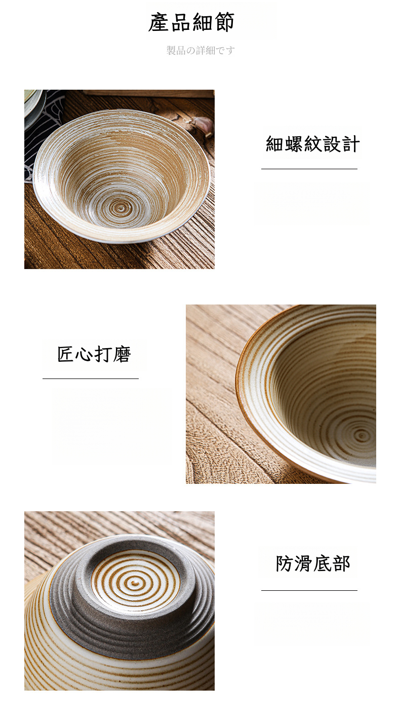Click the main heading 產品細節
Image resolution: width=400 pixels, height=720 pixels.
(191, 22)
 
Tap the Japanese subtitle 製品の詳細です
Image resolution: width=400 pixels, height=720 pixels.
(201, 51)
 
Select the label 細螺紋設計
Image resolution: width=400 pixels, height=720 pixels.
(312, 144)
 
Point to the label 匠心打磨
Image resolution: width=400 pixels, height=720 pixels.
(94, 354)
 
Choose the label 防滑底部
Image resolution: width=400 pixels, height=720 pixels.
(312, 563)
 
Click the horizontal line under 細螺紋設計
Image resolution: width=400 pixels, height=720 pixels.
(309, 169)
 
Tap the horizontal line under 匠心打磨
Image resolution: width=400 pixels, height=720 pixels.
(91, 378)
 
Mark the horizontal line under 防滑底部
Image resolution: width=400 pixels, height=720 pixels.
(309, 590)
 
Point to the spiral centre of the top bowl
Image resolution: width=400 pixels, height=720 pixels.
(121, 208)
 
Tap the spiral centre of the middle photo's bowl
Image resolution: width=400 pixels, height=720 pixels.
(362, 436)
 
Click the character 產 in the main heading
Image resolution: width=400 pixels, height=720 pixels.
(158, 22)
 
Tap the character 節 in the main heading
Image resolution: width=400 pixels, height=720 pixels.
(224, 22)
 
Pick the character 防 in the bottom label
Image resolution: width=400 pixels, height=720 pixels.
(285, 563)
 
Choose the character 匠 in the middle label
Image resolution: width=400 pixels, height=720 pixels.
(66, 354)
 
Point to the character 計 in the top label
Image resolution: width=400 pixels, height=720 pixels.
(351, 144)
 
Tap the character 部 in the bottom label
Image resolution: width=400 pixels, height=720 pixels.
(341, 563)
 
